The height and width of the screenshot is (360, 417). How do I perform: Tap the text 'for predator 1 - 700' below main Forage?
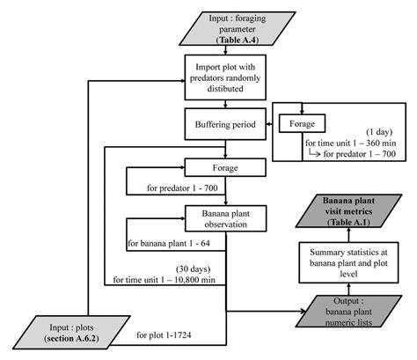point(170,187)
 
